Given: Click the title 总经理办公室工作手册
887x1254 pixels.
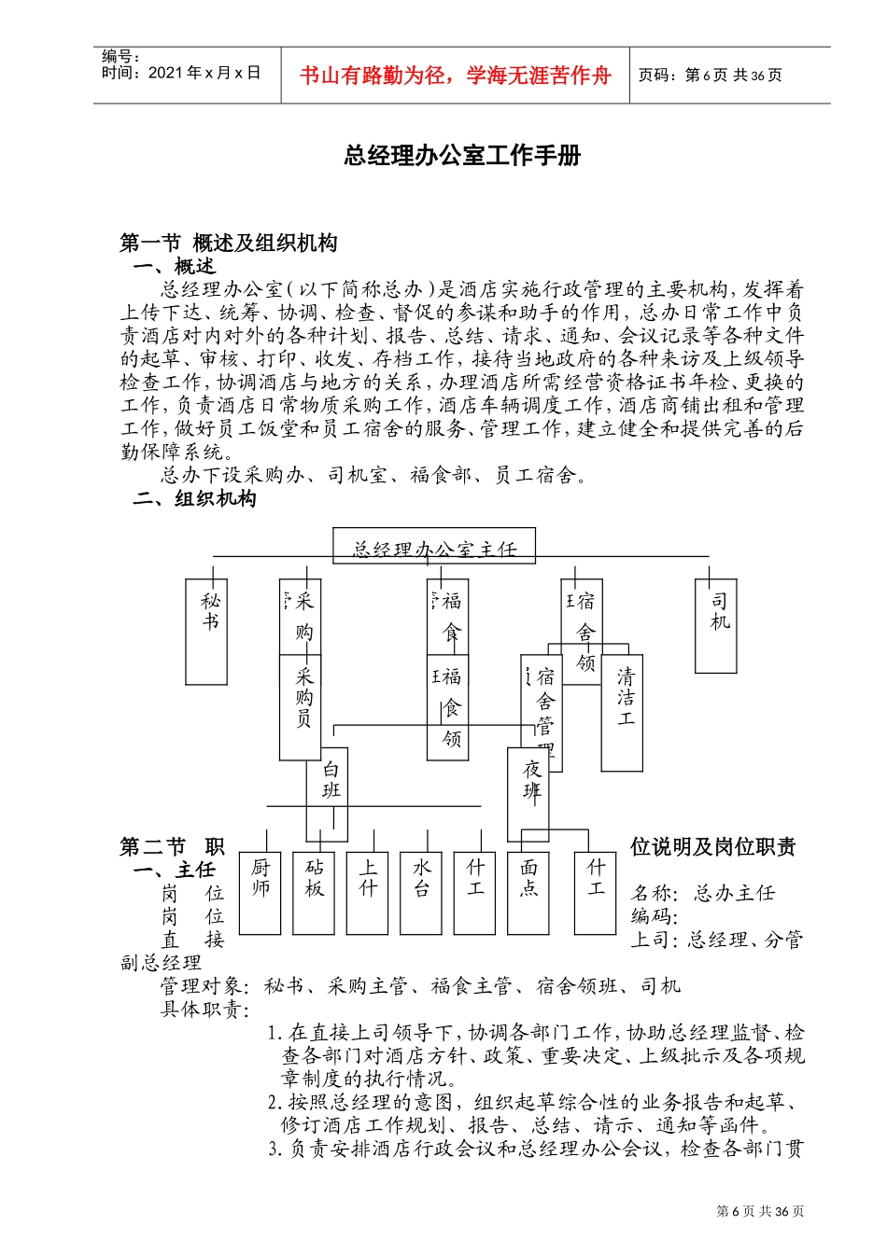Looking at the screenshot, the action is click(x=462, y=156).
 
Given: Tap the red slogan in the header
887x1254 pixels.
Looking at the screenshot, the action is click(x=455, y=76).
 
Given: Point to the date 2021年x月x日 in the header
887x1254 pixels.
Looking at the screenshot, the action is click(x=204, y=73).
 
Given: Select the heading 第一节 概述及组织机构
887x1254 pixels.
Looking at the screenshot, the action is click(x=229, y=244).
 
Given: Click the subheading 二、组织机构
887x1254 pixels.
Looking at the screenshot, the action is click(x=194, y=498).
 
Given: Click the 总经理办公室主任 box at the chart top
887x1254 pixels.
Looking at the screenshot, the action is click(x=436, y=547).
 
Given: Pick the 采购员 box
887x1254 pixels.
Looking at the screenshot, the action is click(x=302, y=706).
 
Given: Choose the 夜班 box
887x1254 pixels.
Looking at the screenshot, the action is click(x=529, y=793).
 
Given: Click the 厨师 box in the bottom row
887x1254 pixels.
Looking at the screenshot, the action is click(x=260, y=892).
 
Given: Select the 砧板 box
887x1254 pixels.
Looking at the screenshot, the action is click(x=314, y=892).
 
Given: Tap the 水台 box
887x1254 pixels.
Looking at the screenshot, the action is click(x=422, y=892).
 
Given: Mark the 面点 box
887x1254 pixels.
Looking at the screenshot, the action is click(x=529, y=892).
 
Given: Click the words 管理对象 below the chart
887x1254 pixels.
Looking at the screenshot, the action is click(x=204, y=986).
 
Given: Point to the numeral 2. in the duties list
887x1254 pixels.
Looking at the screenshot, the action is click(x=274, y=1103).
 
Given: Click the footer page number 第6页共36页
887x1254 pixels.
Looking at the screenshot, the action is click(x=760, y=1211).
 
